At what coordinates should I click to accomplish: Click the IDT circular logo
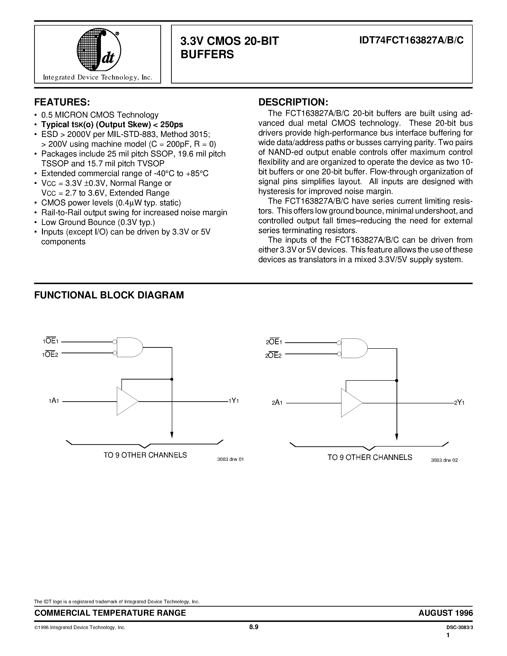point(99,50)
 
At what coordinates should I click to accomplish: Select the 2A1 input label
point(277,403)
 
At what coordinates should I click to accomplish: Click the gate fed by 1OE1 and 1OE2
point(129,347)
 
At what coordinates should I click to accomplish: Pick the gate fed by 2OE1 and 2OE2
point(354,349)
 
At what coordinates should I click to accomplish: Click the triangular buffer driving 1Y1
point(126,401)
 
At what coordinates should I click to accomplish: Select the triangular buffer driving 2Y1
point(350,403)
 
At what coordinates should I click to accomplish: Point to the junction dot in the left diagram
point(172,379)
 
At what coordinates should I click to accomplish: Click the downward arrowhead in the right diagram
point(397,437)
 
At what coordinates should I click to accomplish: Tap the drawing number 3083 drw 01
point(230,459)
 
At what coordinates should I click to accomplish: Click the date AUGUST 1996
point(445,613)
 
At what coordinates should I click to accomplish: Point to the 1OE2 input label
point(50,354)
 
